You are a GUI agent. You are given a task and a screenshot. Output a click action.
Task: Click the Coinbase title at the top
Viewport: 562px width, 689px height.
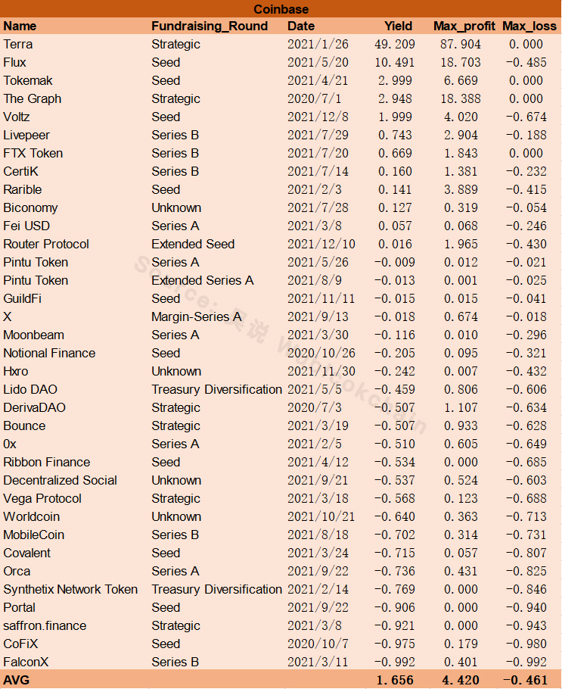pos(281,9)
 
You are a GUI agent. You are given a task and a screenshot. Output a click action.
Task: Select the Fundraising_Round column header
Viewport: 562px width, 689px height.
pos(210,26)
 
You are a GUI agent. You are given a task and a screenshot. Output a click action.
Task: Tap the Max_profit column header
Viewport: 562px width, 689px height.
pos(464,26)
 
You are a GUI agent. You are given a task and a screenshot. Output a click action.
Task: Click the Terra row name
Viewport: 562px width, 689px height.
pos(18,45)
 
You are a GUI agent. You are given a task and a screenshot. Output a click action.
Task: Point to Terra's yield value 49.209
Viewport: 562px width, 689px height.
pos(395,45)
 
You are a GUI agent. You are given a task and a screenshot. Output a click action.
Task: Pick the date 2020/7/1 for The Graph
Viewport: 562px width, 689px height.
pos(315,99)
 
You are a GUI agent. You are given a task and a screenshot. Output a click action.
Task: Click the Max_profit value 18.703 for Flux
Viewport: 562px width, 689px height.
pos(461,62)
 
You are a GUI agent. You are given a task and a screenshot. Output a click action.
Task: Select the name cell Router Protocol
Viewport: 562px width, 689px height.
pos(46,244)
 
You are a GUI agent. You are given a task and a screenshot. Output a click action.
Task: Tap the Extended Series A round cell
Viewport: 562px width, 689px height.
pos(203,280)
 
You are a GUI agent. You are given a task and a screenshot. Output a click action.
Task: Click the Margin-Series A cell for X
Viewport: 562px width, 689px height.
pos(196,316)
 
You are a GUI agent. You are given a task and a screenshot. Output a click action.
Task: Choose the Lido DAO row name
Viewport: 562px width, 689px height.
pos(30,389)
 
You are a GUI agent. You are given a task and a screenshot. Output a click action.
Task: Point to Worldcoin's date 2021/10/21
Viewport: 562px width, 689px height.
pos(321,516)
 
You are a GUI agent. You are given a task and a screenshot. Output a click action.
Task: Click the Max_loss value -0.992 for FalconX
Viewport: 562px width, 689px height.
pos(526,662)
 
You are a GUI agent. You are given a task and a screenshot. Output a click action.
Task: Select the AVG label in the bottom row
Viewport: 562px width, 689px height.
pos(16,680)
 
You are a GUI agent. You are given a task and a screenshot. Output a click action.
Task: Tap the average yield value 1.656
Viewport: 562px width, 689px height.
pos(395,680)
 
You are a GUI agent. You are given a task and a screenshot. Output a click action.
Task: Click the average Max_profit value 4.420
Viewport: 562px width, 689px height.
pos(461,680)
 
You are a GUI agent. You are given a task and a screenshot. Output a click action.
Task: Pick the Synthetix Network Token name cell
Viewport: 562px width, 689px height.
pos(70,589)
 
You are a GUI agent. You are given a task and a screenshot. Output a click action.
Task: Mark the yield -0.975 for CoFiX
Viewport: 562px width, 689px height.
pos(394,644)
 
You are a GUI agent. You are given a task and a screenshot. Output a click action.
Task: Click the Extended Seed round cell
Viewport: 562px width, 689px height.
pos(193,244)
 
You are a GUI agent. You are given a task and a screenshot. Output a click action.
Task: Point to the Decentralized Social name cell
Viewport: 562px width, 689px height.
pos(61,480)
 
